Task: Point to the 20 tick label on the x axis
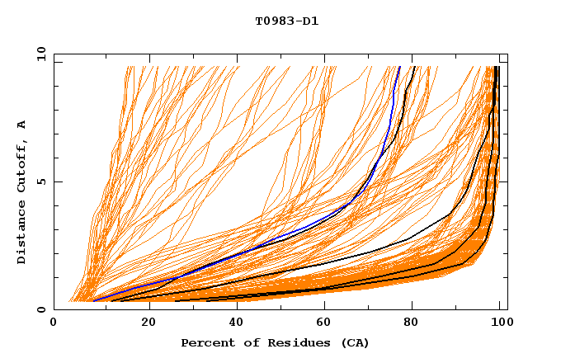(x=148, y=324)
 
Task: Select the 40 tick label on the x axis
(x=238, y=324)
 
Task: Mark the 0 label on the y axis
(x=41, y=310)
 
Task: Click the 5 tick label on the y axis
(x=41, y=182)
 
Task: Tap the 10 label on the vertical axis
(x=39, y=54)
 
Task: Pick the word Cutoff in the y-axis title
(x=21, y=170)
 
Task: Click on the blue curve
(x=247, y=243)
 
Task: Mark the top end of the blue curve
(x=400, y=67)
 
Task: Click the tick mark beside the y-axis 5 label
(x=57, y=182)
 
